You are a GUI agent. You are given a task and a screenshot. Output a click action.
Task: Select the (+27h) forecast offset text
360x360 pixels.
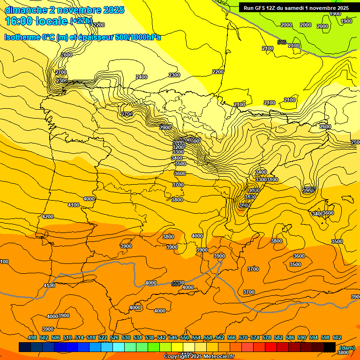[x=81, y=22]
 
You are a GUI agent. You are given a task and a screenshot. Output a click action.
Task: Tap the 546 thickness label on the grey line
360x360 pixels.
[x=281, y=43]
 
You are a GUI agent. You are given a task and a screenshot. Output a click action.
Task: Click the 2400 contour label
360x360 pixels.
[x=141, y=77]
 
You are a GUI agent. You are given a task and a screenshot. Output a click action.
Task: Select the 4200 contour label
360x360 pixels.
[x=48, y=217]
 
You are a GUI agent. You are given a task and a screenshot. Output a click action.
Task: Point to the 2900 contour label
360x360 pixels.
[x=165, y=127]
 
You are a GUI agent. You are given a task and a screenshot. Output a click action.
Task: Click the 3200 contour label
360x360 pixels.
[x=178, y=147]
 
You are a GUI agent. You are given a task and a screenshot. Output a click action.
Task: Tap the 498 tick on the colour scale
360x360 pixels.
[x=32, y=337]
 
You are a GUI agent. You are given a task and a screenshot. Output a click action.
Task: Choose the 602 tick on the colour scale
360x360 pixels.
[x=337, y=337]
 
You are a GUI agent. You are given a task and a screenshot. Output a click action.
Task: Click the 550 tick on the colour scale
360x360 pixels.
[x=185, y=337]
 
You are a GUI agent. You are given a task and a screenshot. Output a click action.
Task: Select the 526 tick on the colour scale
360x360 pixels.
[x=114, y=337]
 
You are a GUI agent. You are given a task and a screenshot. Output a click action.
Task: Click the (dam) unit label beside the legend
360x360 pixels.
[x=347, y=347]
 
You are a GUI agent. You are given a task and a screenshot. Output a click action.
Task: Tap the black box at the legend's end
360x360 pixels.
[x=329, y=347]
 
